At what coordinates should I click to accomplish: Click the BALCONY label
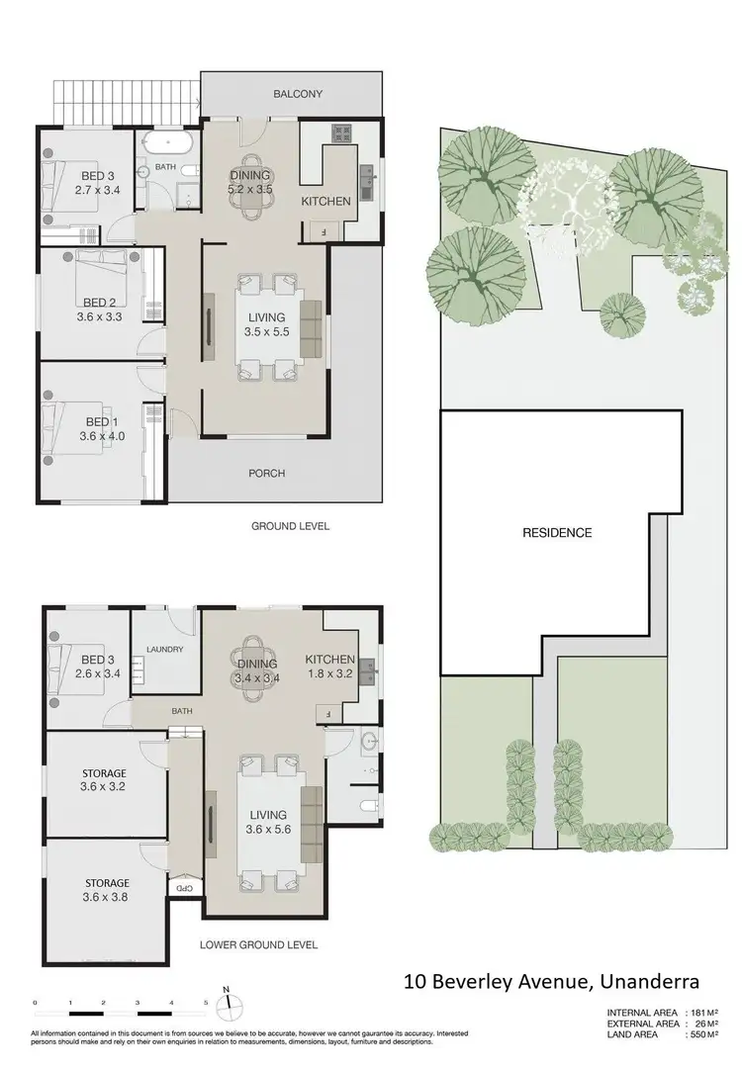298,94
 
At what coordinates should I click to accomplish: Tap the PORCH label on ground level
265,473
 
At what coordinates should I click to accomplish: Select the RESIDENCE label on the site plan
557,532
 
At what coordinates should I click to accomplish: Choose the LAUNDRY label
164,650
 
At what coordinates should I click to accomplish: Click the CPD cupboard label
184,888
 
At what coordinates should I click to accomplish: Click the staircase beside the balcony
125,99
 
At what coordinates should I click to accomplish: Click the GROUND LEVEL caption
290,526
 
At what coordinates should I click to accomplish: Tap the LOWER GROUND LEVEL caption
259,944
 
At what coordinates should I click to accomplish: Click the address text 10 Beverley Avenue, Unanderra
552,982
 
